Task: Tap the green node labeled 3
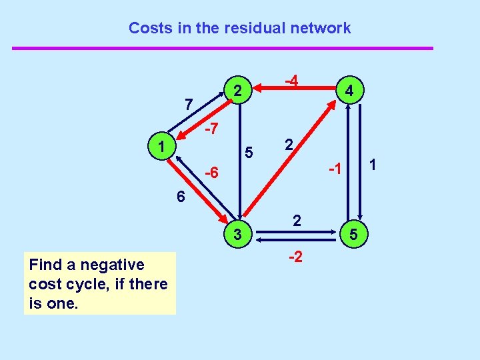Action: [237, 233]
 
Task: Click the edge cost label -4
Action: [291, 80]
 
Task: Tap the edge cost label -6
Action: [211, 173]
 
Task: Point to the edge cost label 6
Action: [181, 197]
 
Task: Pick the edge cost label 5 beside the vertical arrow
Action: [248, 153]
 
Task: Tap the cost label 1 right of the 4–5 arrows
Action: [373, 163]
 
